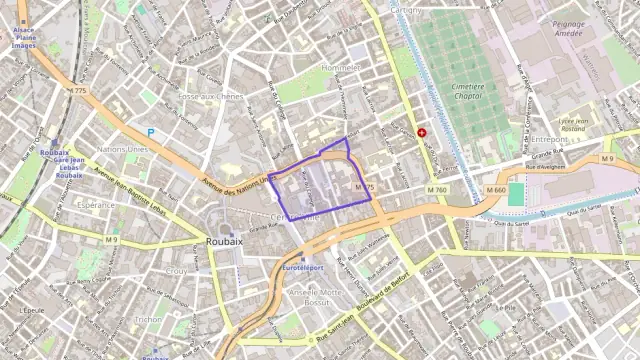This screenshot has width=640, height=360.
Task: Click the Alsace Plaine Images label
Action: tap(24, 38)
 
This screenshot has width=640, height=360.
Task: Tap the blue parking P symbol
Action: tap(151, 132)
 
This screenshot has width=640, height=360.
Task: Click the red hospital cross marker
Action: tap(422, 132)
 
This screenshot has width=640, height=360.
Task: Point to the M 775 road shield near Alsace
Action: tap(78, 92)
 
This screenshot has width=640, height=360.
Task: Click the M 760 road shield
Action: tap(437, 190)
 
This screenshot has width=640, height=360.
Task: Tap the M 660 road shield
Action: tap(496, 190)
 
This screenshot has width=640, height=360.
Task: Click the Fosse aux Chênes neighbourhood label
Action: tap(209, 96)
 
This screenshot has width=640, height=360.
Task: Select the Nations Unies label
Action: tap(123, 148)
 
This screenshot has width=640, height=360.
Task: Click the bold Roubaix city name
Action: tap(224, 241)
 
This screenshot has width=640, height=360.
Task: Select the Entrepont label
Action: tap(549, 140)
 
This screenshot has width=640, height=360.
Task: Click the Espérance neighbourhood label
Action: tap(96, 204)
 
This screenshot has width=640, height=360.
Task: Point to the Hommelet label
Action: tap(340, 67)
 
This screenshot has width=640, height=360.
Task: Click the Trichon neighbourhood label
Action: tap(148, 319)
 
